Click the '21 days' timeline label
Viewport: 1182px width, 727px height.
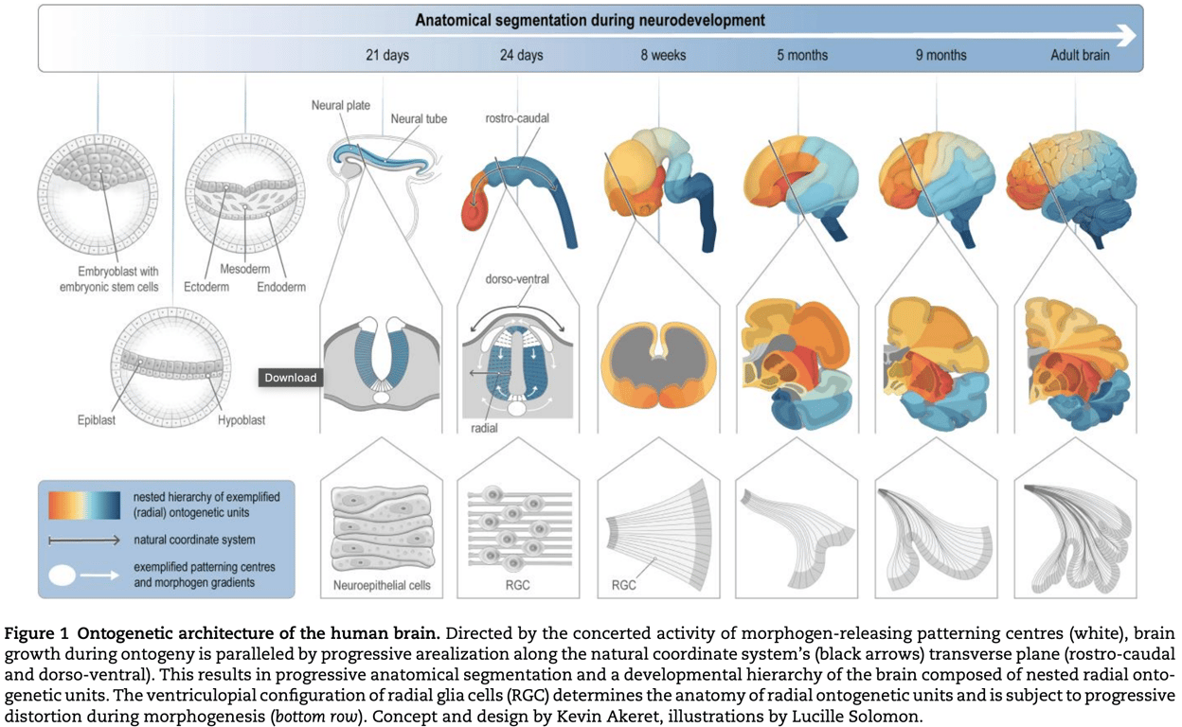click(387, 55)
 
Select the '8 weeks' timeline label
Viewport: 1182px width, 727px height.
click(662, 55)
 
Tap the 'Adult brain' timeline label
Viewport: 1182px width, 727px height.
click(1080, 55)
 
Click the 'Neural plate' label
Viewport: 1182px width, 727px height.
click(341, 105)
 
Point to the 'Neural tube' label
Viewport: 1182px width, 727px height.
click(419, 119)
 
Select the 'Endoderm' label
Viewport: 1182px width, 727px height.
click(281, 287)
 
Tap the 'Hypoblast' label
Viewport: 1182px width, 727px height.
click(241, 420)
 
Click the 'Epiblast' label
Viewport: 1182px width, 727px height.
click(97, 420)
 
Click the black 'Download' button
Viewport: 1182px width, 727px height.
click(290, 378)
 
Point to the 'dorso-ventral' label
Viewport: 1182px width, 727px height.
click(517, 279)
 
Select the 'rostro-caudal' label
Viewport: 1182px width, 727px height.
click(517, 118)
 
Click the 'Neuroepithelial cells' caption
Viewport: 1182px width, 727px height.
click(382, 585)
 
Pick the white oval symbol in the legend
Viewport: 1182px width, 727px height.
click(63, 576)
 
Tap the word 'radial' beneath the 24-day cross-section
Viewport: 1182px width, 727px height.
click(485, 428)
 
